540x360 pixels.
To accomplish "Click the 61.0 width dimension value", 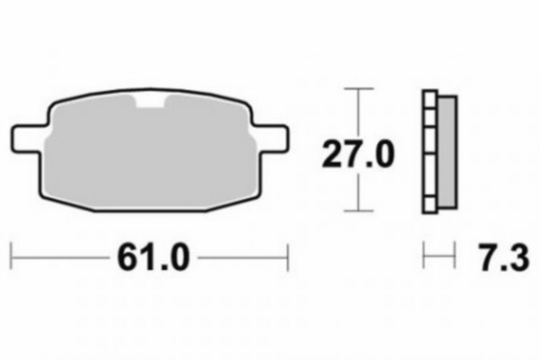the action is click(x=153, y=257).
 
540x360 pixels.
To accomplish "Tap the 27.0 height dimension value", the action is click(x=358, y=154).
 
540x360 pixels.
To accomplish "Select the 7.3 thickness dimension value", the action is click(x=504, y=257).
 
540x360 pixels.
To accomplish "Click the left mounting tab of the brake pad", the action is click(x=28, y=139).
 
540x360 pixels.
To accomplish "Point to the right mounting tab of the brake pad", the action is click(x=272, y=139).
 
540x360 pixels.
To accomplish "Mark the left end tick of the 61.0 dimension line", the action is click(x=12, y=256).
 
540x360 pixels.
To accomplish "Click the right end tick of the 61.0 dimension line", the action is click(x=288, y=257).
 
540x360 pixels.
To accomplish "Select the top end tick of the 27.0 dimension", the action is click(x=359, y=88).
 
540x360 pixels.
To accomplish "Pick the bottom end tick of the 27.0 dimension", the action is click(x=359, y=211).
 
